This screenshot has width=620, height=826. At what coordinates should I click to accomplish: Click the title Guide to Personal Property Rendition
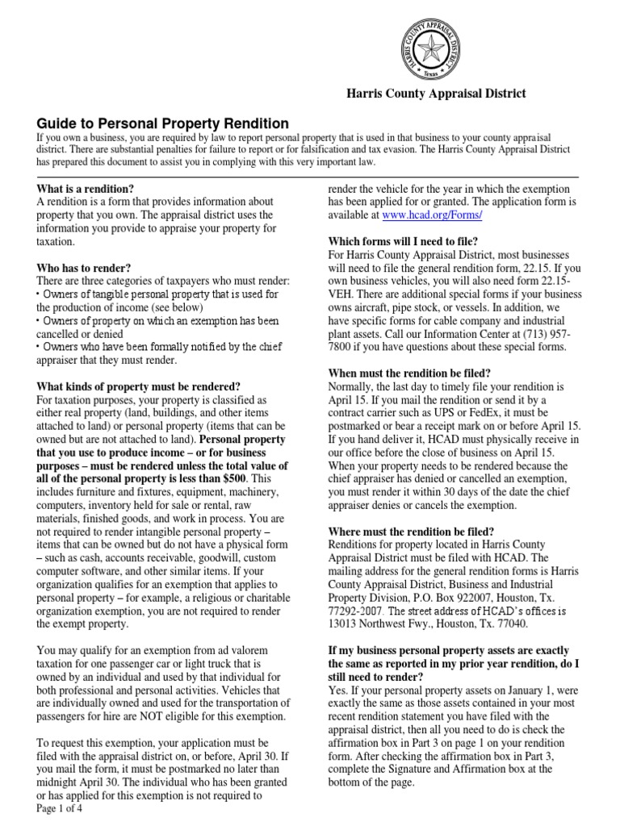[x=163, y=123]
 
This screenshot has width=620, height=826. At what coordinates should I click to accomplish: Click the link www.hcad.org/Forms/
[x=432, y=215]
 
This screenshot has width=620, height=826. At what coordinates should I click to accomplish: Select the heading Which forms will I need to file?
[x=402, y=241]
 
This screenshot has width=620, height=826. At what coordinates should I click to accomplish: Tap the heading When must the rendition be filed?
[x=409, y=373]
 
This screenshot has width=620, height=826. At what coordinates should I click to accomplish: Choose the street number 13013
[x=347, y=624]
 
